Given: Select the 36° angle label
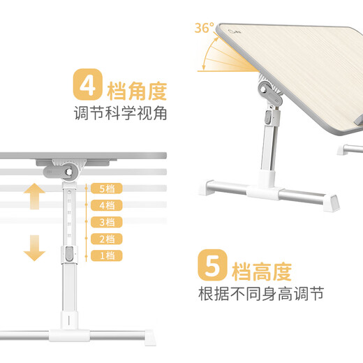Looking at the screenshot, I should click(x=204, y=29).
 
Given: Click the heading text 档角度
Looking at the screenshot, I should click(x=137, y=89).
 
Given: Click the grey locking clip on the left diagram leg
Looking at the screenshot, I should click(x=70, y=254).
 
